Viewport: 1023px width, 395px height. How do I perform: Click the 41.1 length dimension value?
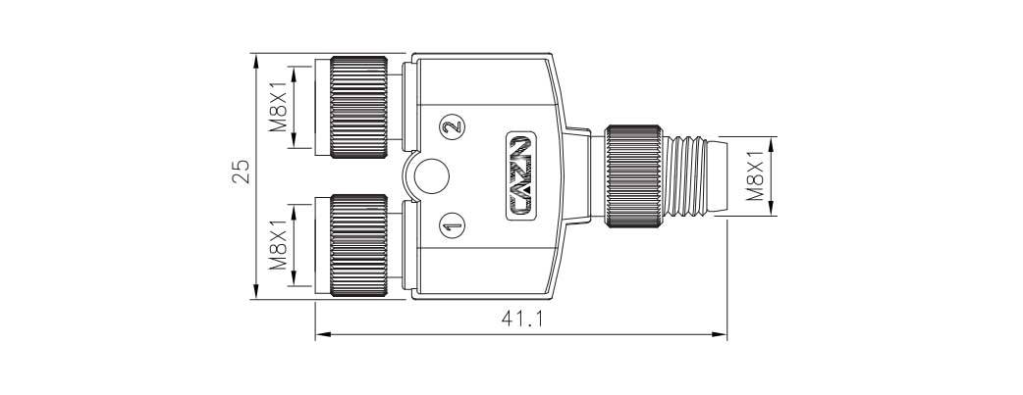521,321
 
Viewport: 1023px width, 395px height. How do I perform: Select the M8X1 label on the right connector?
756,174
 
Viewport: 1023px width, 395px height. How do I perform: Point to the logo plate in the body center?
521,176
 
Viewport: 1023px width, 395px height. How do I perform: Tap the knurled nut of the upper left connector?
359,107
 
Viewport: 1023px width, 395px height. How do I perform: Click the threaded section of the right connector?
683,176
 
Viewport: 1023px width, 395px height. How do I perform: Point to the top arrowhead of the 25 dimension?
255,60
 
